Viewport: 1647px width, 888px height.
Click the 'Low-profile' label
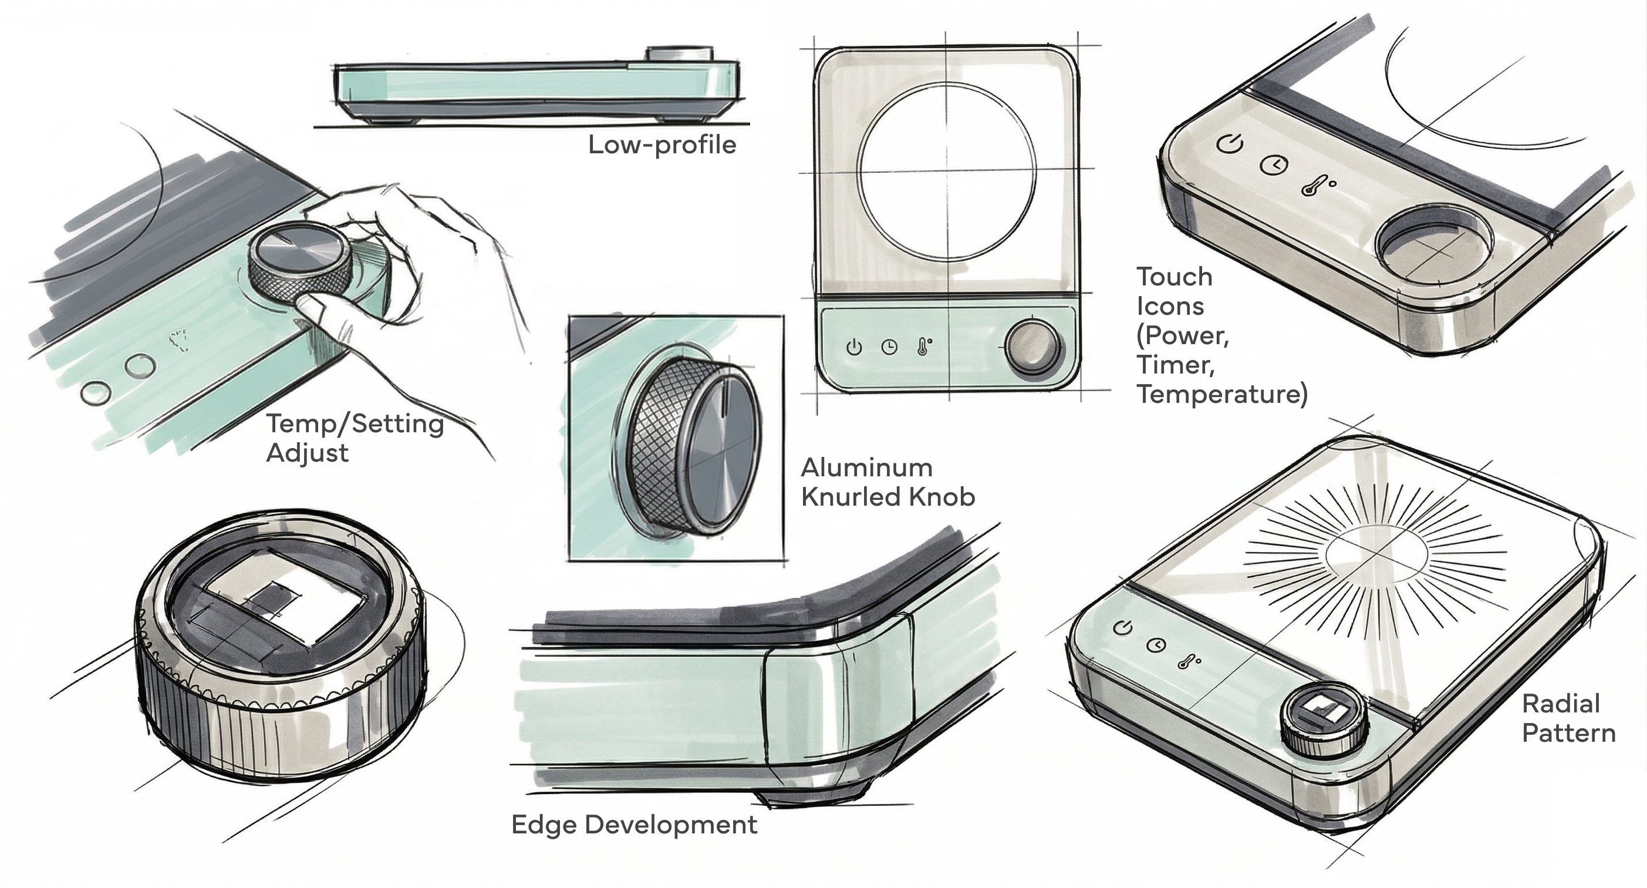point(662,144)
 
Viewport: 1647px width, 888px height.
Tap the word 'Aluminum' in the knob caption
point(866,467)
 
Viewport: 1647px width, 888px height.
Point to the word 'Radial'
point(1561,704)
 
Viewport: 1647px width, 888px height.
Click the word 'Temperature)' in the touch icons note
point(1222,394)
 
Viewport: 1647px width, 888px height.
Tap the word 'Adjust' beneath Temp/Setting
point(307,453)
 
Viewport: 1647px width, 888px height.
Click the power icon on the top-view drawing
point(854,348)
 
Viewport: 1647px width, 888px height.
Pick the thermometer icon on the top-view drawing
point(923,346)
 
